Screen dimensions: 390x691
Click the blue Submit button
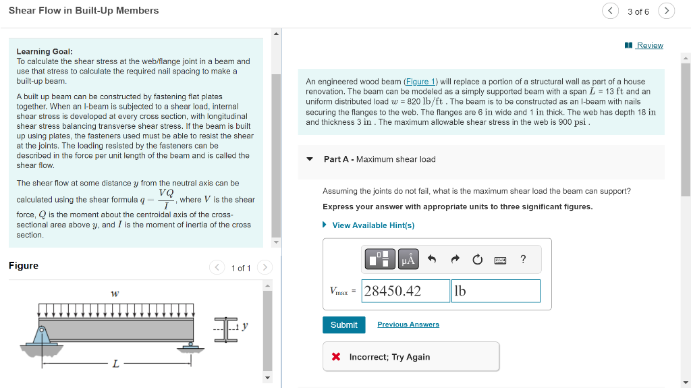pos(343,325)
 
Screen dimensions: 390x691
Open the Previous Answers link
pos(408,325)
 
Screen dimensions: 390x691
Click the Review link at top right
pos(649,45)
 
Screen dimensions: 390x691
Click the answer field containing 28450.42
pos(406,291)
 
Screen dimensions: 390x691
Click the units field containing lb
pos(495,291)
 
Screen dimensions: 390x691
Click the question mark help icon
pos(523,259)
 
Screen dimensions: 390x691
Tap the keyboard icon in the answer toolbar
pos(500,260)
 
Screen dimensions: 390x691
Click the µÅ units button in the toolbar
pos(408,259)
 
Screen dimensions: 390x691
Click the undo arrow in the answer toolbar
pos(433,259)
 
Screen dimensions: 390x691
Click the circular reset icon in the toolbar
pos(478,259)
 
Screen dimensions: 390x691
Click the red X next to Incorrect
pos(336,357)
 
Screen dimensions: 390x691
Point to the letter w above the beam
pos(115,294)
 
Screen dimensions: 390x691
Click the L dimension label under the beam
pos(115,364)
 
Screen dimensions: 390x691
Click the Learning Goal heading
pos(45,51)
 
